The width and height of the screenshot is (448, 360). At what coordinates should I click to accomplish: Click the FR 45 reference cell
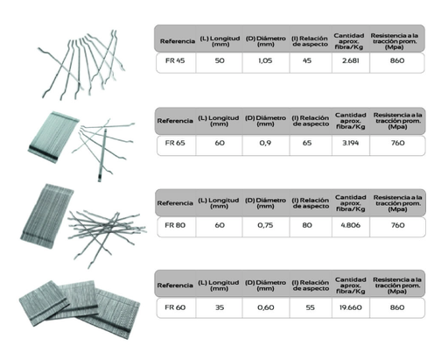(x=175, y=60)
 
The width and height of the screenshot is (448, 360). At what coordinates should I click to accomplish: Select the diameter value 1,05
(x=265, y=60)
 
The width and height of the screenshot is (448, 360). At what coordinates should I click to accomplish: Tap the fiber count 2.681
(x=350, y=60)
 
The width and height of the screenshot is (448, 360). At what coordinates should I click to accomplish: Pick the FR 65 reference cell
(x=175, y=143)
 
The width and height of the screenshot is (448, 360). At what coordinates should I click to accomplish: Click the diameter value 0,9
(x=265, y=143)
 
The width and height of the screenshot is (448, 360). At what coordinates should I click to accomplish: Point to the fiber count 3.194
(x=350, y=143)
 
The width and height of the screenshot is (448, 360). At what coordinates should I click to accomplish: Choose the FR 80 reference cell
(x=175, y=225)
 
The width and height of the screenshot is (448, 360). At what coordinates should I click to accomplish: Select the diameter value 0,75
(x=265, y=225)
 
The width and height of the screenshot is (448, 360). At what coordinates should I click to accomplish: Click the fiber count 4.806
(x=350, y=225)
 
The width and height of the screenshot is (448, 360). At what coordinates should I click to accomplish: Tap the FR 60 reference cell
(x=175, y=307)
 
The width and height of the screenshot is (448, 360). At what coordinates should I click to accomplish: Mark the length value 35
(x=220, y=307)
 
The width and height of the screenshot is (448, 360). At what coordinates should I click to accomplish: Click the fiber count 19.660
(x=350, y=307)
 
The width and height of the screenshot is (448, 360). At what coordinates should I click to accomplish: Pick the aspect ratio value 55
(x=310, y=307)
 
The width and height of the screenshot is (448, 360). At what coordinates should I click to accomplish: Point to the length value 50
(x=220, y=60)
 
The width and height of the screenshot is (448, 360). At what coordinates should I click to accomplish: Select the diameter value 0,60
(x=265, y=307)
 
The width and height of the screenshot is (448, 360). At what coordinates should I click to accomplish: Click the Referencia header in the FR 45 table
(x=178, y=41)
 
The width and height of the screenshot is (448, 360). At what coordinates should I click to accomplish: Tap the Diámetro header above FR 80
(x=265, y=203)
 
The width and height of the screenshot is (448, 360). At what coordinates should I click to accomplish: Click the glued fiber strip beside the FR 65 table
(x=53, y=137)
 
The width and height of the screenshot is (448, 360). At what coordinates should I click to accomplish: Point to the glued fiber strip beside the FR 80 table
(x=46, y=216)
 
